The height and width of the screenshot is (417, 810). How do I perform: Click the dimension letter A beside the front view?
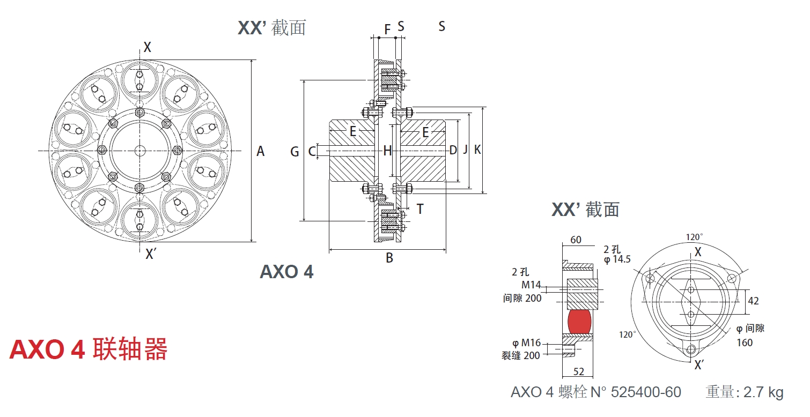click(260, 152)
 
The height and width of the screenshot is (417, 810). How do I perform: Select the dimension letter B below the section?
click(389, 258)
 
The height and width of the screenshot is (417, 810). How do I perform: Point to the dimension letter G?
click(294, 152)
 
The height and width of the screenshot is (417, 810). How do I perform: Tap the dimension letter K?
click(477, 150)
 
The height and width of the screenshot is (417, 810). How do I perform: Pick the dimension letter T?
click(419, 209)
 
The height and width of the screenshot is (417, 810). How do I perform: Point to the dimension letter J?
click(466, 150)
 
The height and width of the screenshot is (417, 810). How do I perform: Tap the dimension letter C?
click(312, 152)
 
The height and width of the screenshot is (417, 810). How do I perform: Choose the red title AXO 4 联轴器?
click(89, 350)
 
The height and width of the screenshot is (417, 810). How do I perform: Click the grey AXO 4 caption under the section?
click(286, 272)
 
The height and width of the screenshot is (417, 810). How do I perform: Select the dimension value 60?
click(576, 240)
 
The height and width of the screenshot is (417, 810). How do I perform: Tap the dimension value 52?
click(579, 371)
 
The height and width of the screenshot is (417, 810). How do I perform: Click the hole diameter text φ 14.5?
click(617, 259)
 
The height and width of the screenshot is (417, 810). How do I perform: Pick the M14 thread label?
click(531, 285)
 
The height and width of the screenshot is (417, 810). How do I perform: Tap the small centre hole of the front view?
click(140, 151)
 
